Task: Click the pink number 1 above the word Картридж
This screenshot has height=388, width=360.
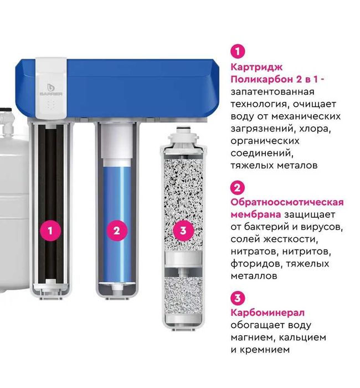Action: click(x=237, y=52)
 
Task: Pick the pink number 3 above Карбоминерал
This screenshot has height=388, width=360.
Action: click(x=237, y=298)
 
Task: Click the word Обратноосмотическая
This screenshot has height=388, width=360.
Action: click(x=287, y=202)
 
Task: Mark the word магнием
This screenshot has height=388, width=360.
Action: click(x=251, y=337)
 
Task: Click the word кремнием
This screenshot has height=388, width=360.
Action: click(x=265, y=350)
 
